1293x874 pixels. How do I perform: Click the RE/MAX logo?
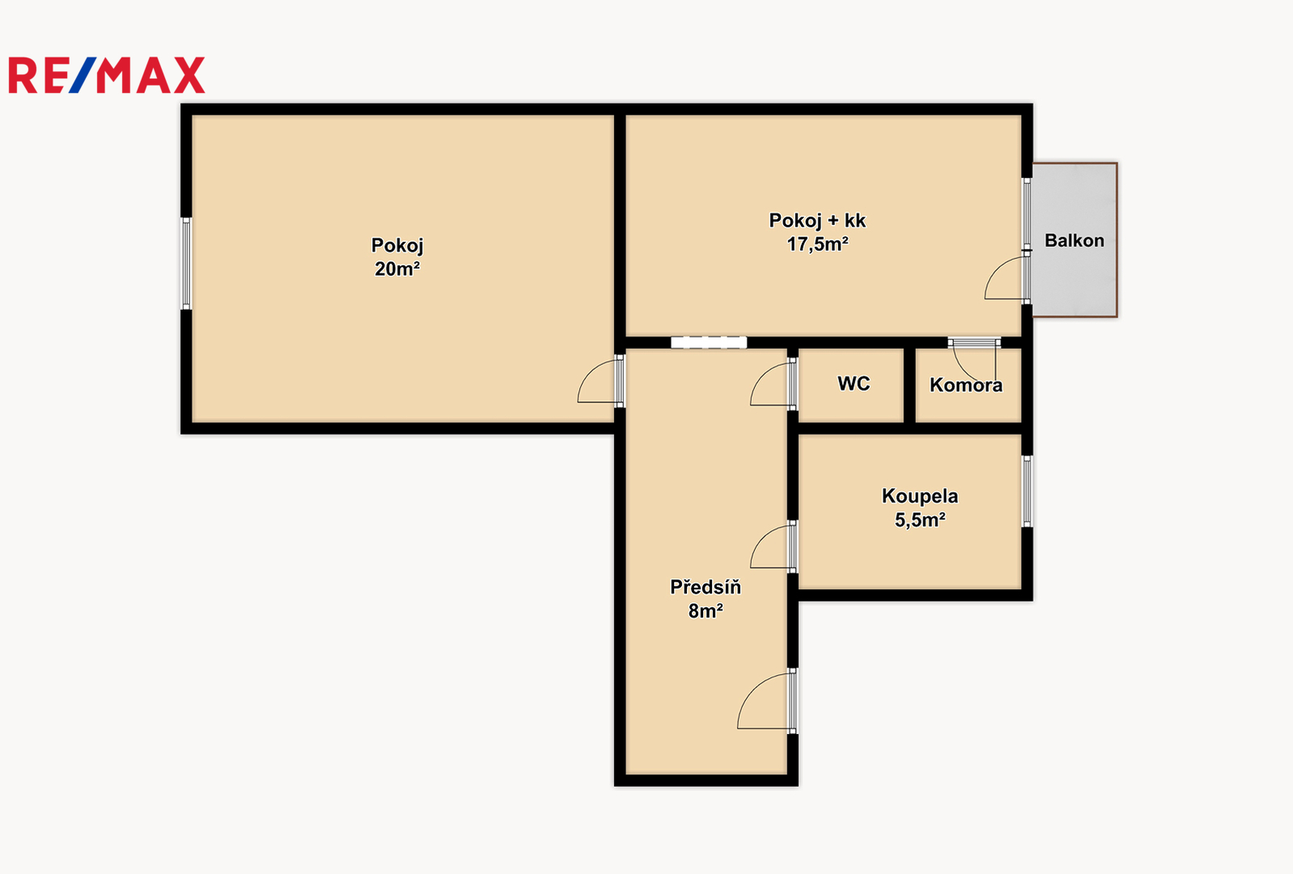click(107, 75)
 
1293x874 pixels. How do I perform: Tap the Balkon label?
click(1075, 240)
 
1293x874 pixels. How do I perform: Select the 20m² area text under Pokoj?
click(397, 269)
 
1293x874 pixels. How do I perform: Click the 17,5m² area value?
click(817, 244)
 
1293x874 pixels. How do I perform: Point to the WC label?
click(854, 384)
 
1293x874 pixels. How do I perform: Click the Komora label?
click(966, 385)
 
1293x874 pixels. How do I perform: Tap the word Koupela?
click(919, 496)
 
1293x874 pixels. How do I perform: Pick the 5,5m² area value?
click(919, 520)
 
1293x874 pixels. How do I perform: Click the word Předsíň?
click(706, 587)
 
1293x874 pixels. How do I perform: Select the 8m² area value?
click(706, 611)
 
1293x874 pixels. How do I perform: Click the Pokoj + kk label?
click(817, 220)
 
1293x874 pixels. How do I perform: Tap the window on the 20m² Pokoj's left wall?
click(186, 263)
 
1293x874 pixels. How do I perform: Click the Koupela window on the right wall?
click(1027, 491)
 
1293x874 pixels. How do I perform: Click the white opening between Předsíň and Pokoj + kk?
click(709, 342)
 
